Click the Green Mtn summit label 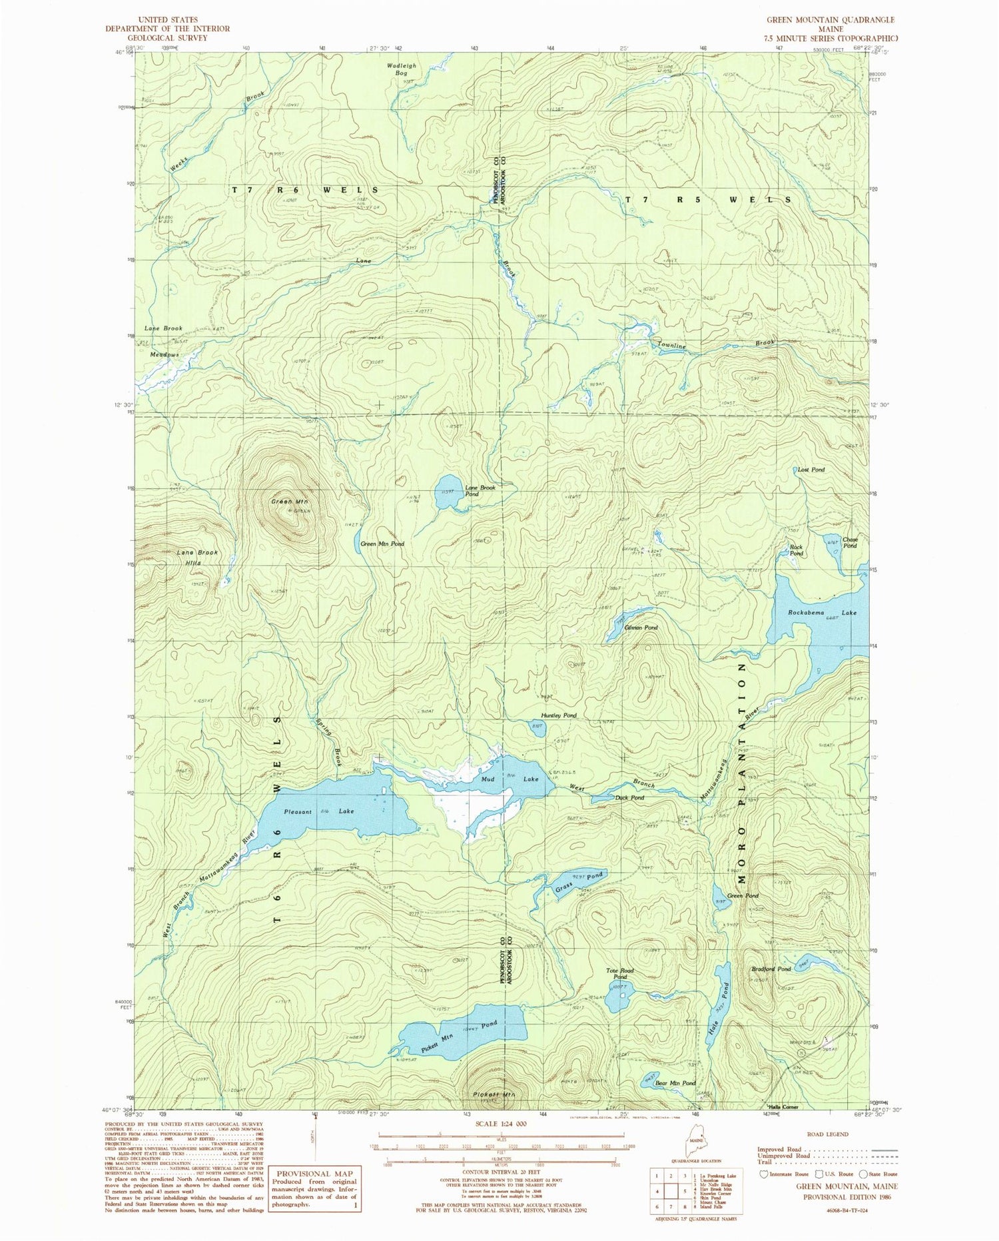(280, 501)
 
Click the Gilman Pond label (641, 627)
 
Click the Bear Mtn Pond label (675, 1083)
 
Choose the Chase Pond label (849, 542)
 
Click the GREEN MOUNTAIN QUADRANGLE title (830, 20)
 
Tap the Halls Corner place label (783, 1107)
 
